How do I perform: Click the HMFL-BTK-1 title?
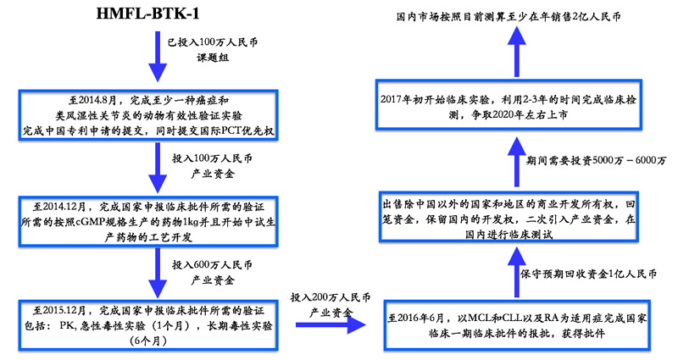[x=147, y=14]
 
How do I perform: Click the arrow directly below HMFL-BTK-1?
[x=158, y=56]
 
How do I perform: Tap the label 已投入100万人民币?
[x=213, y=42]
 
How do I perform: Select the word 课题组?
[x=213, y=58]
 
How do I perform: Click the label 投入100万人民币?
[x=213, y=158]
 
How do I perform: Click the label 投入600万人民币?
[x=213, y=264]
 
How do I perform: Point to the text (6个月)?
[x=148, y=341]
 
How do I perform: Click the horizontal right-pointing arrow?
[x=331, y=324]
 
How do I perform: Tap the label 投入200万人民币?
[x=331, y=297]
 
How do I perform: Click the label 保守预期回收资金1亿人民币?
[x=588, y=274]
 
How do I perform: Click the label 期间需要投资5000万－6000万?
[x=596, y=160]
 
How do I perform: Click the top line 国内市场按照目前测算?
[x=508, y=16]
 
